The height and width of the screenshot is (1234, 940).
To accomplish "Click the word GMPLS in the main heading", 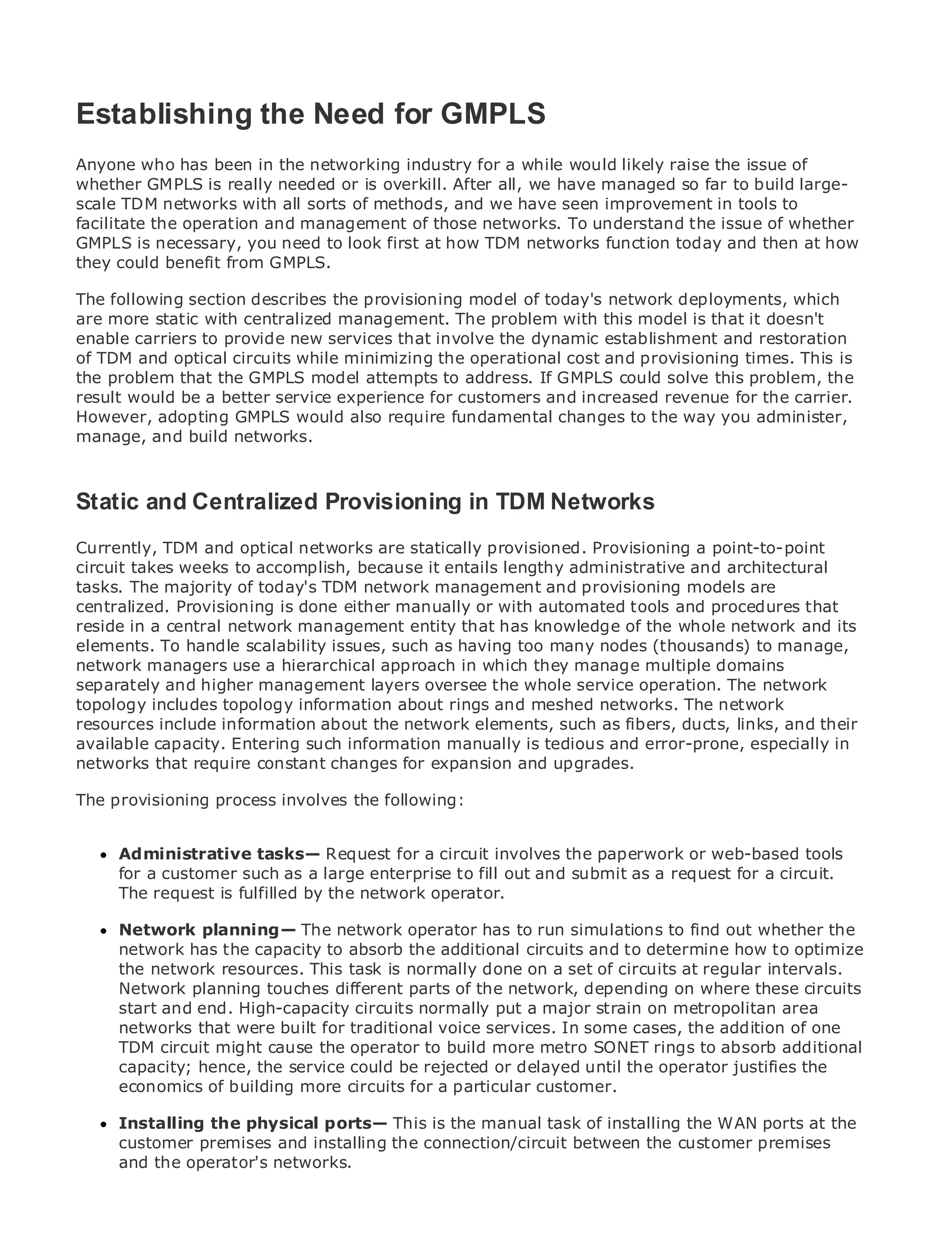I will click(493, 114).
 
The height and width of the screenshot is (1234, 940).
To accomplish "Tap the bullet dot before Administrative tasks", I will click(102, 856).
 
